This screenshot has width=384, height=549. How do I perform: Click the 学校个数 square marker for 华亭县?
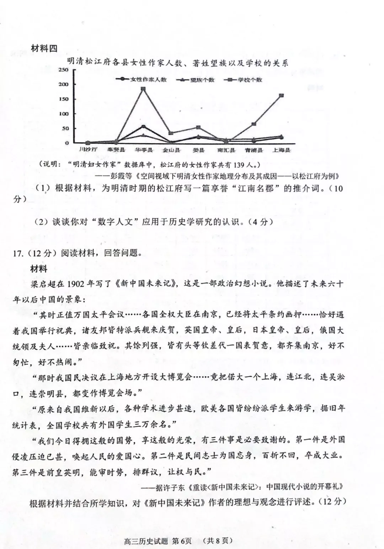click(143, 89)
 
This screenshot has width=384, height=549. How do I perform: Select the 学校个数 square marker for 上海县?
click(281, 95)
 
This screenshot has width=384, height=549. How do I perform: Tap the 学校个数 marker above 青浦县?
click(254, 124)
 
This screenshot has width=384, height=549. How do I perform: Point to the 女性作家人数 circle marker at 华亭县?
click(143, 127)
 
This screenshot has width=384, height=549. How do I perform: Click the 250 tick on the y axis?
click(64, 70)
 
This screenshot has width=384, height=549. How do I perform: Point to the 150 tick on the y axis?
click(64, 99)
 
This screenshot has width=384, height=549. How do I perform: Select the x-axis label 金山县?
click(171, 150)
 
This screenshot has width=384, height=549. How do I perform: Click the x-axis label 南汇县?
click(226, 150)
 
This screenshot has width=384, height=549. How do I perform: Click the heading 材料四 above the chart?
click(44, 49)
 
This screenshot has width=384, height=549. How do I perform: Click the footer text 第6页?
click(181, 541)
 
